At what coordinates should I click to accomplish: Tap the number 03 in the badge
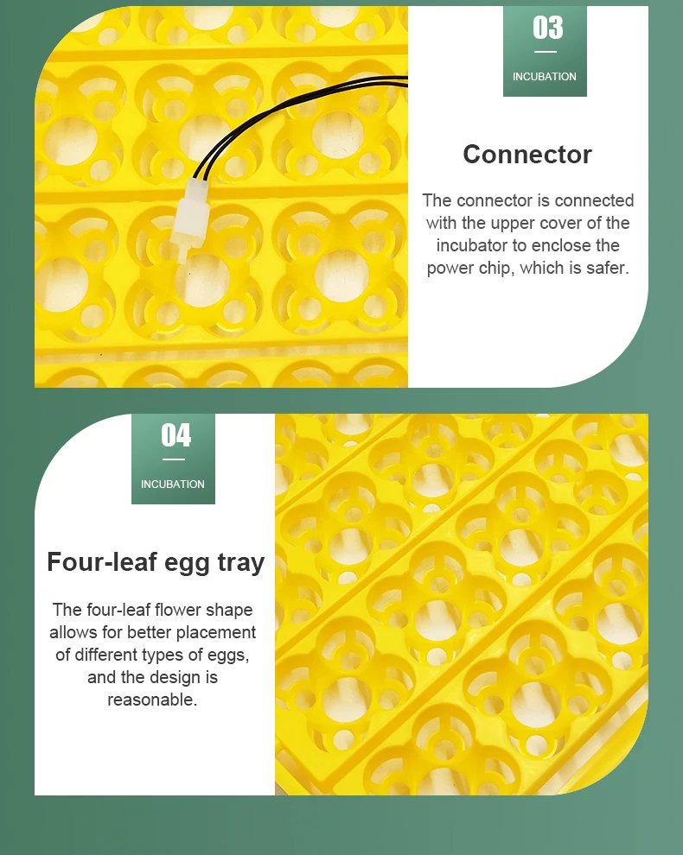tap(547, 28)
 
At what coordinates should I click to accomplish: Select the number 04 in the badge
tap(176, 435)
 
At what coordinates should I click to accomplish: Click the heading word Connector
tap(527, 155)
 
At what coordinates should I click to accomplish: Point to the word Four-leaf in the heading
tap(102, 561)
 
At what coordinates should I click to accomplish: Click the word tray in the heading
tap(240, 563)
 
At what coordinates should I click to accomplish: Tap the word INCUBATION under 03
tap(545, 77)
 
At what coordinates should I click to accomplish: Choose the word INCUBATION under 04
tap(173, 484)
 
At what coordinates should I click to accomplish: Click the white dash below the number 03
tap(546, 52)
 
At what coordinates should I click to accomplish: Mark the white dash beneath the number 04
tap(174, 459)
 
